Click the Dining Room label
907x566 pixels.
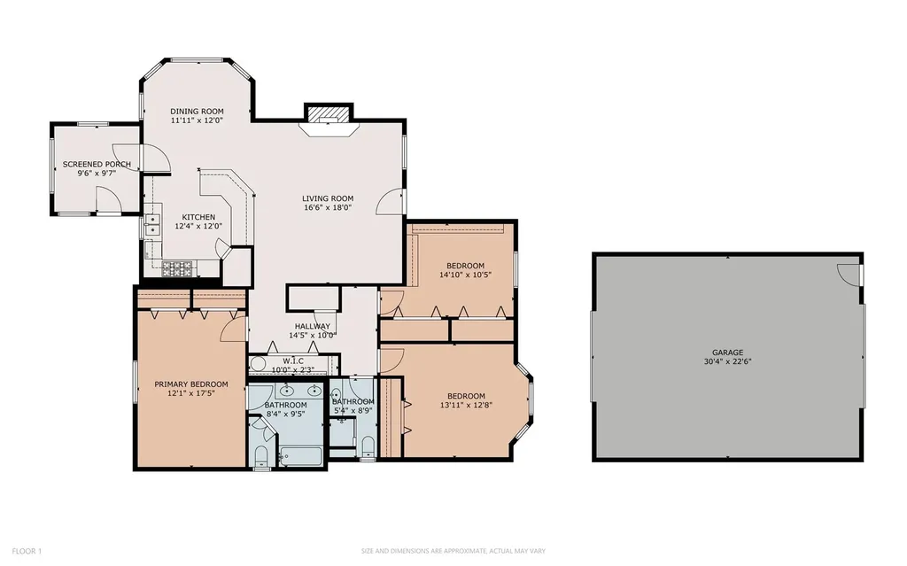[197, 111]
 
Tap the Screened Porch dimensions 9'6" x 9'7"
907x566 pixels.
[97, 173]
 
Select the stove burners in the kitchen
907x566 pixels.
[177, 268]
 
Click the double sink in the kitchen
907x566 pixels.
[152, 225]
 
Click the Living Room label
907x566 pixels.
[328, 198]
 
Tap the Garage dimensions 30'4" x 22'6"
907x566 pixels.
[728, 361]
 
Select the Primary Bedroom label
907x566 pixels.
[191, 384]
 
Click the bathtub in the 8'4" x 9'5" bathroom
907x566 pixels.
[302, 457]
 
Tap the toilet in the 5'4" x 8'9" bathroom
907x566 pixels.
[368, 446]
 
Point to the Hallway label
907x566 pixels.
[313, 326]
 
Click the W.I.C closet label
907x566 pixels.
[292, 361]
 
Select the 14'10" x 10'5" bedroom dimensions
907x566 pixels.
[466, 275]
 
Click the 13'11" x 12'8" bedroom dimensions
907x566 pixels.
[466, 405]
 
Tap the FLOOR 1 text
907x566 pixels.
[27, 551]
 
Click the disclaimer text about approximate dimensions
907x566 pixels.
[453, 551]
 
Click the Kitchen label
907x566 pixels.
[198, 217]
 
